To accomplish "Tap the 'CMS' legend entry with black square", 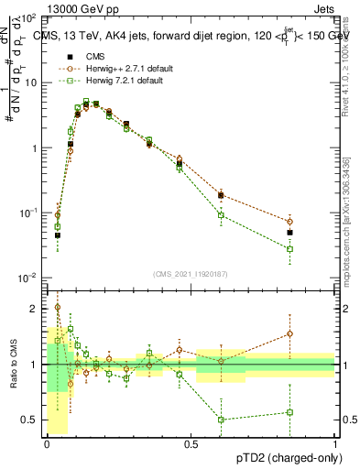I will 93,56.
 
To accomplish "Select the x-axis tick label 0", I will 46,443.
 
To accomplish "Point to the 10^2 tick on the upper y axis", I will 29,18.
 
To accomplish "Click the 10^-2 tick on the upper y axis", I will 29,278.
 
